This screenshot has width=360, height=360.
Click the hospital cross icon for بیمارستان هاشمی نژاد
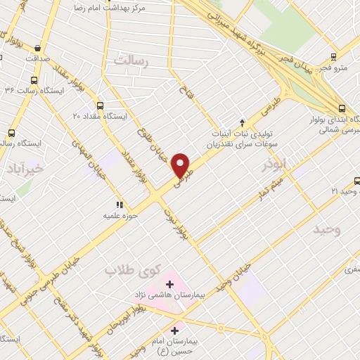(169, 283)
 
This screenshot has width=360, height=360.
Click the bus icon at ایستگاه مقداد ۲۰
(100, 105)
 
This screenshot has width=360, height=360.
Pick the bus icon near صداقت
(32, 48)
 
